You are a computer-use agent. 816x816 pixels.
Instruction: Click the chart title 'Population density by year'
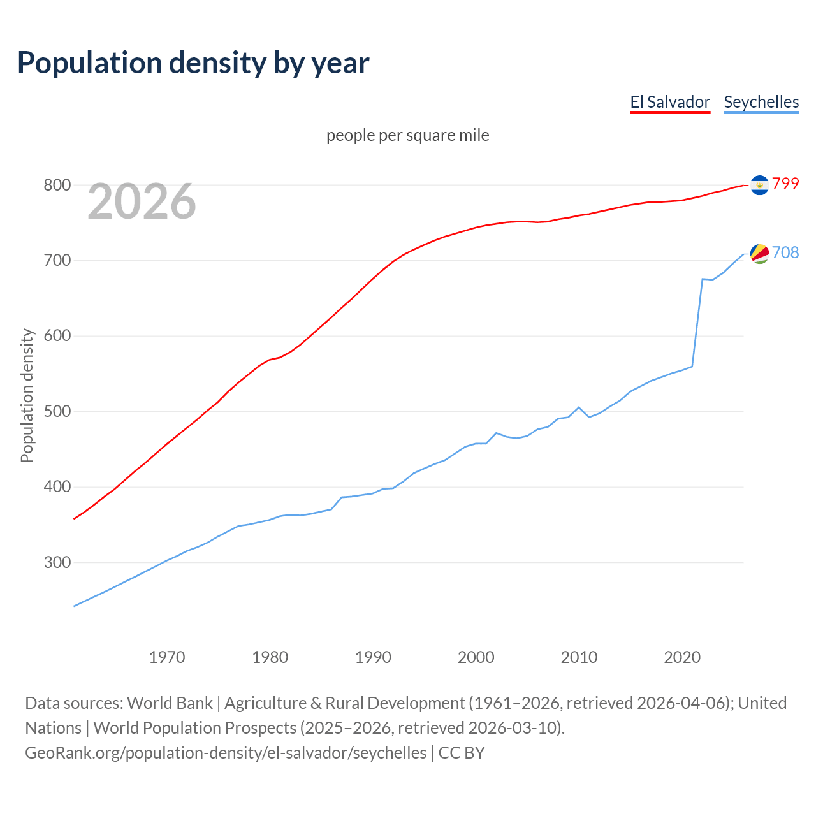[x=193, y=62]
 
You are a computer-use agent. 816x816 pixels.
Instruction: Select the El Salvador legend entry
[x=670, y=102]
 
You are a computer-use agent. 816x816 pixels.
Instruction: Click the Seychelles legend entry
[x=761, y=102]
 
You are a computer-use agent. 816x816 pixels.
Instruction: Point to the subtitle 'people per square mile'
[x=408, y=135]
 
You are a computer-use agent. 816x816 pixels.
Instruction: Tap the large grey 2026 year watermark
[x=142, y=201]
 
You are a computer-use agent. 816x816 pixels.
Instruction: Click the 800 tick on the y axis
[x=57, y=185]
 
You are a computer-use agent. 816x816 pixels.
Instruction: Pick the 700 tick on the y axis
[x=57, y=260]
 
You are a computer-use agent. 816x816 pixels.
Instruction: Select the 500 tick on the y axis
[x=57, y=411]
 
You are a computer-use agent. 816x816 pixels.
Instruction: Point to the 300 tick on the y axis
[x=57, y=562]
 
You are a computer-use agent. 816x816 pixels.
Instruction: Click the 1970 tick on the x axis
[x=167, y=657]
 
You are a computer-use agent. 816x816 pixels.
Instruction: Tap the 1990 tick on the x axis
[x=373, y=657]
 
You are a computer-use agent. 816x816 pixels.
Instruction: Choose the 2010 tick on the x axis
[x=579, y=657]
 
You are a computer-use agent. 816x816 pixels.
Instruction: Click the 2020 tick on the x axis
[x=682, y=657]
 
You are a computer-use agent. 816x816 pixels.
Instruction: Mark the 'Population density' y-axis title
[x=27, y=395]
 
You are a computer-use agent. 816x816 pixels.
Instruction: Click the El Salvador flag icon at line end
[x=759, y=184]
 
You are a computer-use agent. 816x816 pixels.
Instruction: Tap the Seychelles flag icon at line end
[x=759, y=253]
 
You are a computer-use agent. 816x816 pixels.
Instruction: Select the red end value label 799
[x=785, y=184]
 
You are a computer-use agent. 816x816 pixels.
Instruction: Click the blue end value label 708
[x=785, y=252]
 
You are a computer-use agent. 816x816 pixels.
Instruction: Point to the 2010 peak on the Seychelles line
[x=579, y=407]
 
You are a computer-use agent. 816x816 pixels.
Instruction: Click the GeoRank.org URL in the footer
[x=226, y=753]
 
